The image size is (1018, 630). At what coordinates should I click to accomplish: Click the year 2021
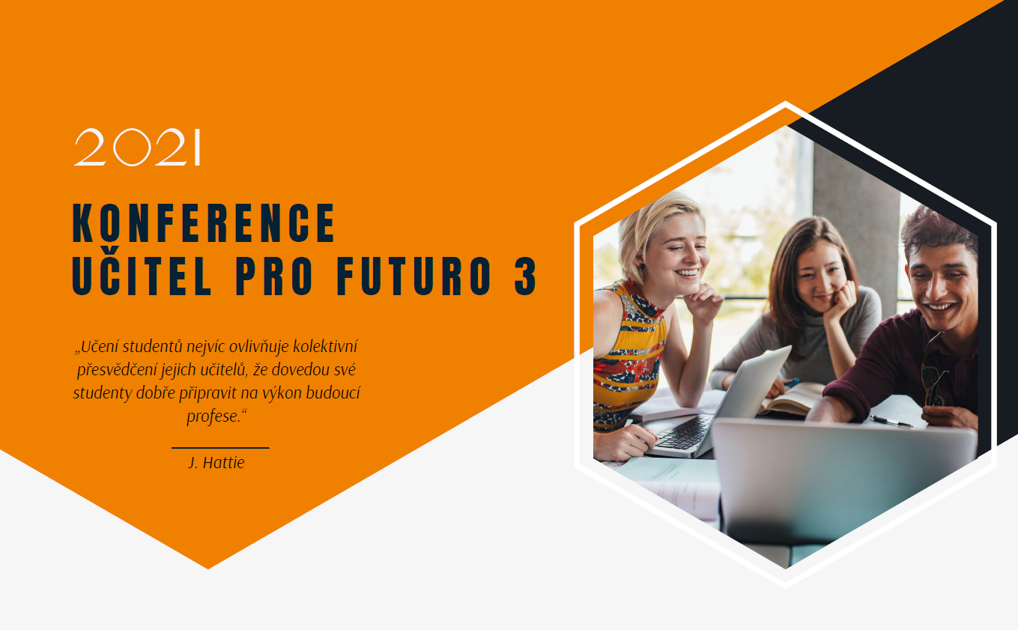click(x=137, y=148)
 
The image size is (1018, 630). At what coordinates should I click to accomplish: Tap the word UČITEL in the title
click(x=142, y=273)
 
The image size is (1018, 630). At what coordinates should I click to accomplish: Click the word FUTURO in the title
click(x=414, y=276)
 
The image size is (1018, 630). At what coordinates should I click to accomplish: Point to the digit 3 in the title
click(x=526, y=276)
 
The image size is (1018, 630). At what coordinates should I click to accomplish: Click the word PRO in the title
click(x=274, y=276)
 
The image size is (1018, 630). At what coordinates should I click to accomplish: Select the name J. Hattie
click(x=216, y=463)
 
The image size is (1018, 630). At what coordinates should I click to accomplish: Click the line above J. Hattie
click(x=220, y=448)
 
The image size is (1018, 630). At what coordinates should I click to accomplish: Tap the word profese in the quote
click(x=213, y=416)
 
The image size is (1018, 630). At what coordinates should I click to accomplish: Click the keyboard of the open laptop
click(x=685, y=432)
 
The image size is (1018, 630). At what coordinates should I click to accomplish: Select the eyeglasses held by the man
click(x=933, y=371)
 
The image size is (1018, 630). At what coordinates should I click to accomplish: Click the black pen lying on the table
click(x=891, y=421)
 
